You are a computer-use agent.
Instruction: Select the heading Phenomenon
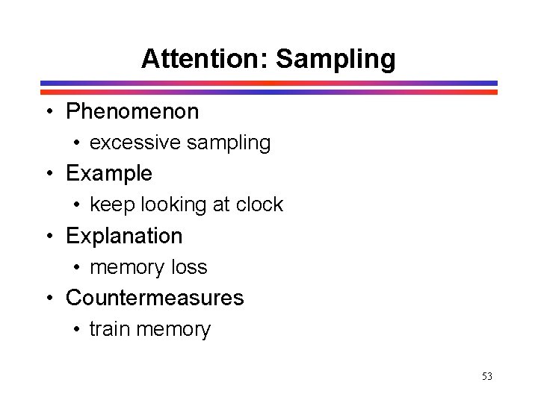pyautogui.click(x=132, y=112)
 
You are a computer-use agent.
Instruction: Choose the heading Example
pyautogui.click(x=109, y=174)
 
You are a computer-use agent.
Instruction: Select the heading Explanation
pyautogui.click(x=124, y=236)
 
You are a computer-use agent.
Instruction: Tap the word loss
pyautogui.click(x=188, y=267)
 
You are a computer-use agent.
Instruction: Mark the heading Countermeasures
pyautogui.click(x=155, y=298)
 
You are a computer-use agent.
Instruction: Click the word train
pyautogui.click(x=108, y=329)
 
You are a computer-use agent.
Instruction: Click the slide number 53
pyautogui.click(x=486, y=376)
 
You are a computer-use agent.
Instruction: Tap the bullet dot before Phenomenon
pyautogui.click(x=49, y=113)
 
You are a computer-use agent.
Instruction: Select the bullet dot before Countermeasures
pyautogui.click(x=49, y=299)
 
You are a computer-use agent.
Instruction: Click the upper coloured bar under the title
pyautogui.click(x=268, y=83)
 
